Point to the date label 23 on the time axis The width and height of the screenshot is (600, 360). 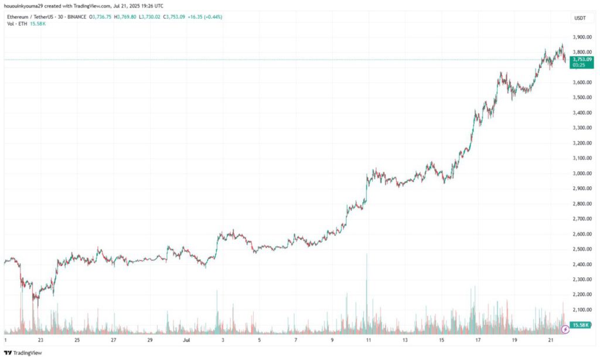(40, 339)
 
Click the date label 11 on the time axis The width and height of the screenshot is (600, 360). (369, 339)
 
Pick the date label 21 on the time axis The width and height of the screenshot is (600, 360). (551, 339)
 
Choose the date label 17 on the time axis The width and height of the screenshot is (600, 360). (478, 339)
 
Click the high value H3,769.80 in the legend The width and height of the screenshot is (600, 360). (124, 17)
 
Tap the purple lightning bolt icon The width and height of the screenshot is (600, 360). (565, 329)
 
